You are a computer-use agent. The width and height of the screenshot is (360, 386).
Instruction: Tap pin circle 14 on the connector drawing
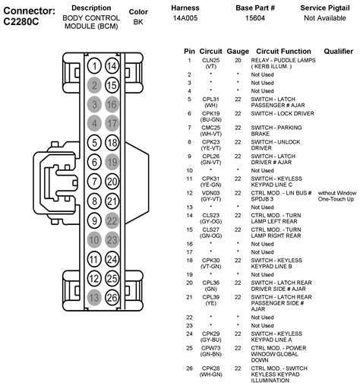tap(111, 65)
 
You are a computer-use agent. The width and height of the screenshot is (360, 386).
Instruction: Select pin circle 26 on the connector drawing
tap(111, 297)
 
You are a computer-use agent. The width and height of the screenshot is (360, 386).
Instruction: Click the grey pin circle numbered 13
tap(94, 297)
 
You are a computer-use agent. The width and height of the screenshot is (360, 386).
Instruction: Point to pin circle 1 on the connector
tap(94, 65)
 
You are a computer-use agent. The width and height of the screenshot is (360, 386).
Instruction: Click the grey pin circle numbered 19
tap(111, 161)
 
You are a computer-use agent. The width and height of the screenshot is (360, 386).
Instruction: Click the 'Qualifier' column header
tap(337, 52)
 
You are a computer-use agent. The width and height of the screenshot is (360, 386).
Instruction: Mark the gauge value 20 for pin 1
tap(238, 59)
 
